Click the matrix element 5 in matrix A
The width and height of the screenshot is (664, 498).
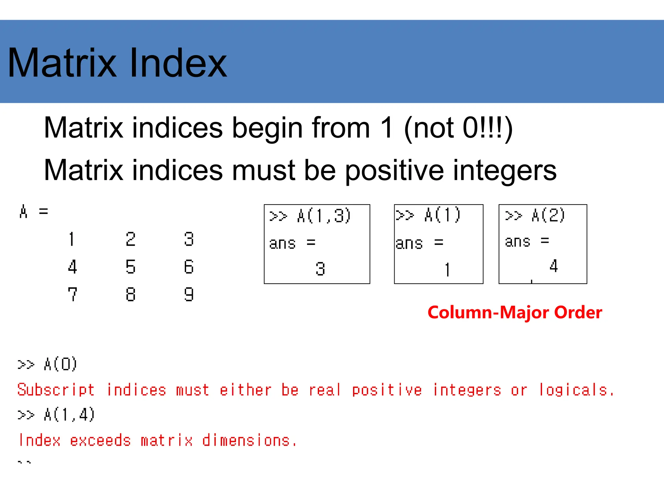tap(130, 267)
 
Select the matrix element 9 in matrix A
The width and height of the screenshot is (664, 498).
tap(189, 294)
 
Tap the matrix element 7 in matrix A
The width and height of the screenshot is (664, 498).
tap(72, 294)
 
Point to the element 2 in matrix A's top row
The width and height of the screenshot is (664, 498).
tap(130, 239)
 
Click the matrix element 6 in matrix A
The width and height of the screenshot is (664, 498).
tap(189, 267)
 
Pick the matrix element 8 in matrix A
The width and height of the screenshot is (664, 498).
tap(130, 294)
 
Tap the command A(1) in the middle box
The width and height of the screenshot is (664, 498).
tap(442, 215)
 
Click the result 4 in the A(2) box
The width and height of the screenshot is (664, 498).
tap(553, 266)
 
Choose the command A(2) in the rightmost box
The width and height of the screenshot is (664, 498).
tap(548, 215)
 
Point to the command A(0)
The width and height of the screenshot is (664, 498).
tap(60, 364)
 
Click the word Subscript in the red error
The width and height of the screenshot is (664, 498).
tap(56, 390)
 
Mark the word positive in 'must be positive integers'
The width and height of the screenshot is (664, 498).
tap(394, 171)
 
